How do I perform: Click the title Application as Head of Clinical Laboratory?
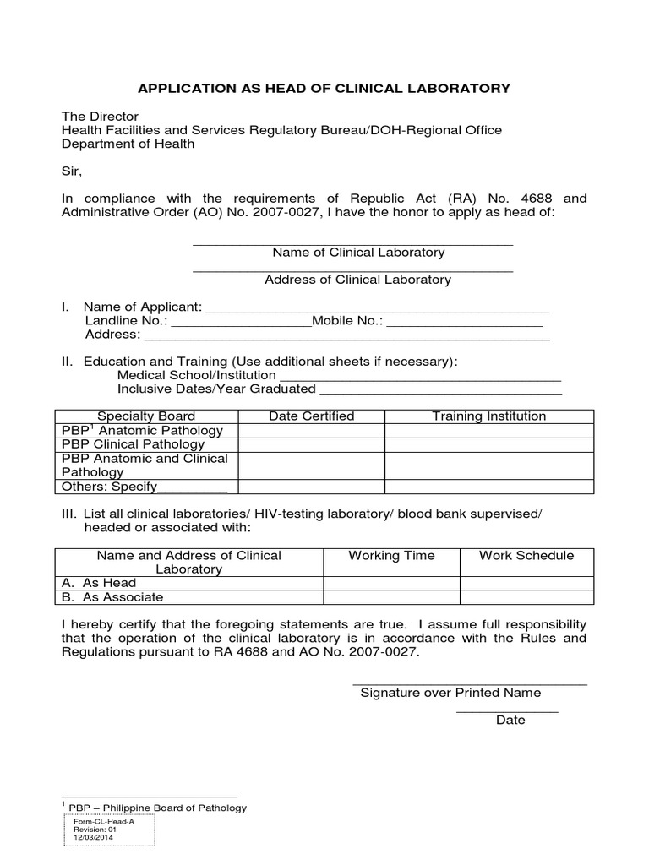(x=324, y=88)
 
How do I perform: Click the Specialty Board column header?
(x=146, y=416)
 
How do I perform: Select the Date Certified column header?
(x=311, y=416)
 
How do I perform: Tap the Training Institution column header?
(x=488, y=416)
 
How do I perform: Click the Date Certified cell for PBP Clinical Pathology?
(x=311, y=444)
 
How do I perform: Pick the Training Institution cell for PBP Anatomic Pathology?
(x=488, y=431)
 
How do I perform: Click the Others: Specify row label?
(x=145, y=487)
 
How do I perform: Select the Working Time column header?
(x=391, y=556)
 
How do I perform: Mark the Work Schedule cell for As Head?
(x=526, y=583)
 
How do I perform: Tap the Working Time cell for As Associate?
(x=391, y=597)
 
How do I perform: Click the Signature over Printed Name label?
(x=450, y=693)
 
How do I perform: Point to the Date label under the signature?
(x=510, y=721)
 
